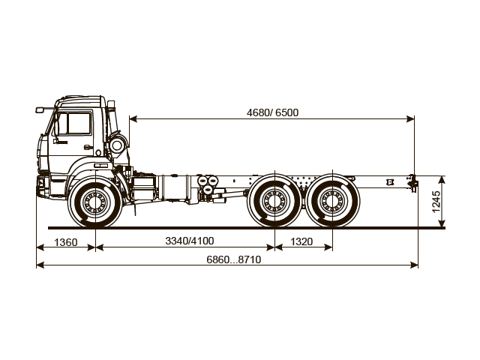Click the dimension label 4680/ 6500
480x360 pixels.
pyautogui.click(x=272, y=112)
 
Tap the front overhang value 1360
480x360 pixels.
pyautogui.click(x=65, y=241)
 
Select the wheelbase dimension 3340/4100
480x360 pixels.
pyautogui.click(x=189, y=241)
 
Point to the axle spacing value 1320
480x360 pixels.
pyautogui.click(x=301, y=241)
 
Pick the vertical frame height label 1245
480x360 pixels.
pyautogui.click(x=436, y=201)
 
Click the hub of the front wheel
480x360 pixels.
pyautogui.click(x=95, y=202)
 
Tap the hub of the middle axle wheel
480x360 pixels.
pyautogui.click(x=274, y=201)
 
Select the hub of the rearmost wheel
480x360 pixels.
pyautogui.click(x=331, y=201)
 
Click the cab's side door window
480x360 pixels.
pyautogui.click(x=73, y=124)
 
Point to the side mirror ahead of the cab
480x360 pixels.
pyautogui.click(x=40, y=110)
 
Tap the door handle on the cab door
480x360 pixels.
pyautogui.click(x=88, y=147)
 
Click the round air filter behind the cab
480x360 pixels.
pyautogui.click(x=117, y=144)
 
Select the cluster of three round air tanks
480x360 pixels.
pyautogui.click(x=205, y=187)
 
